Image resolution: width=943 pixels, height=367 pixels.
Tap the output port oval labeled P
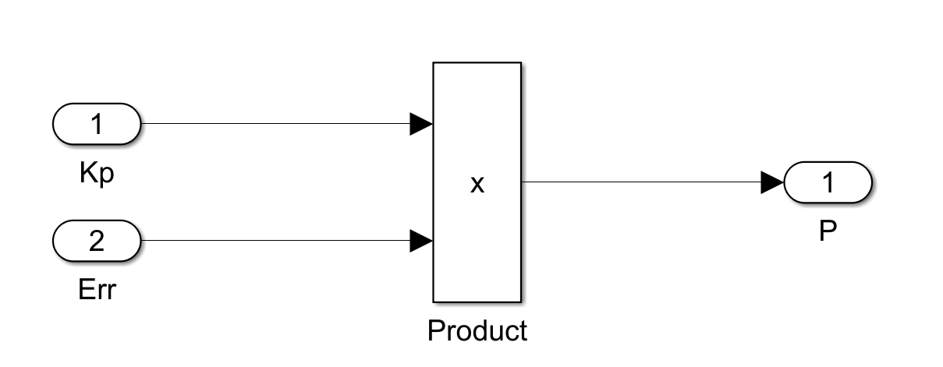pyautogui.click(x=828, y=182)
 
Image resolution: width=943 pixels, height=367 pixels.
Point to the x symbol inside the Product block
pyautogui.click(x=477, y=185)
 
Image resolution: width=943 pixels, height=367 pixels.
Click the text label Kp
pyautogui.click(x=97, y=174)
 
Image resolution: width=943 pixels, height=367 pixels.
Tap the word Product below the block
pyautogui.click(x=477, y=330)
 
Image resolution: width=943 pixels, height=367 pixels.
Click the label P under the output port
pyautogui.click(x=828, y=231)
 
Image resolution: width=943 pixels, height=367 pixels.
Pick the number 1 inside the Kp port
pyautogui.click(x=97, y=124)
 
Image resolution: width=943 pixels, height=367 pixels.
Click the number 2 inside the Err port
pyautogui.click(x=97, y=241)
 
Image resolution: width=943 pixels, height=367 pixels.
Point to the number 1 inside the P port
pyautogui.click(x=828, y=182)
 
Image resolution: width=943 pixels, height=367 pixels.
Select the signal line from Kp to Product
pyautogui.click(x=273, y=124)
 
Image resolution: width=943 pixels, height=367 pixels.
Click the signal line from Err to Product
pyautogui.click(x=273, y=241)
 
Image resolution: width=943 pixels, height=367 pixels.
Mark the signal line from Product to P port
pyautogui.click(x=640, y=182)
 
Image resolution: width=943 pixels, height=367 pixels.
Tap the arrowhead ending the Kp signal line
pyautogui.click(x=421, y=124)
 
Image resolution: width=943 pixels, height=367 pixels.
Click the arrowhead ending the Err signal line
pyautogui.click(x=421, y=241)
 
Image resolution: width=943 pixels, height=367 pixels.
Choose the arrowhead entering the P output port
pyautogui.click(x=772, y=182)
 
